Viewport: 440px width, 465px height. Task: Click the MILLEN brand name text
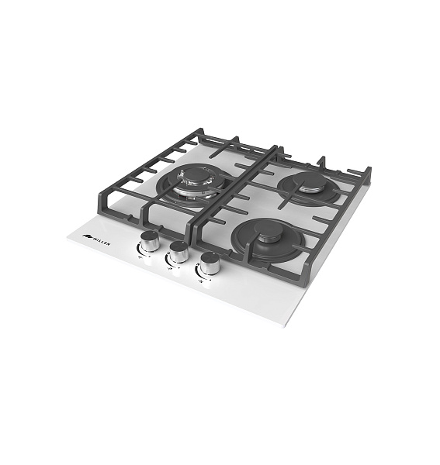coord(102,241)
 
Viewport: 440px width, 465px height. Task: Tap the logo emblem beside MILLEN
coord(87,236)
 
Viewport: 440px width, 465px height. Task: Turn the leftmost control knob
coord(149,241)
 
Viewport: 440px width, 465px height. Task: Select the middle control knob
coord(179,252)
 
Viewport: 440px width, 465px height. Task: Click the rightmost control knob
coord(210,263)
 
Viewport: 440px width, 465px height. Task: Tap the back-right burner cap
coord(309,180)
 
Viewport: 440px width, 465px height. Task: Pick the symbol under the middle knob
coord(170,269)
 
